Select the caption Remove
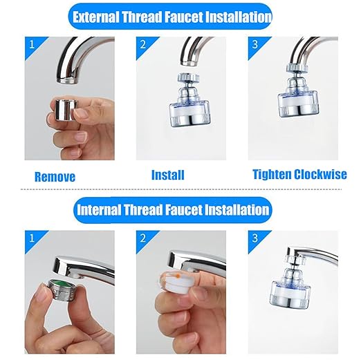pos(55,176)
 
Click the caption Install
pos(167,175)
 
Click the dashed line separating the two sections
pos(180,189)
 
